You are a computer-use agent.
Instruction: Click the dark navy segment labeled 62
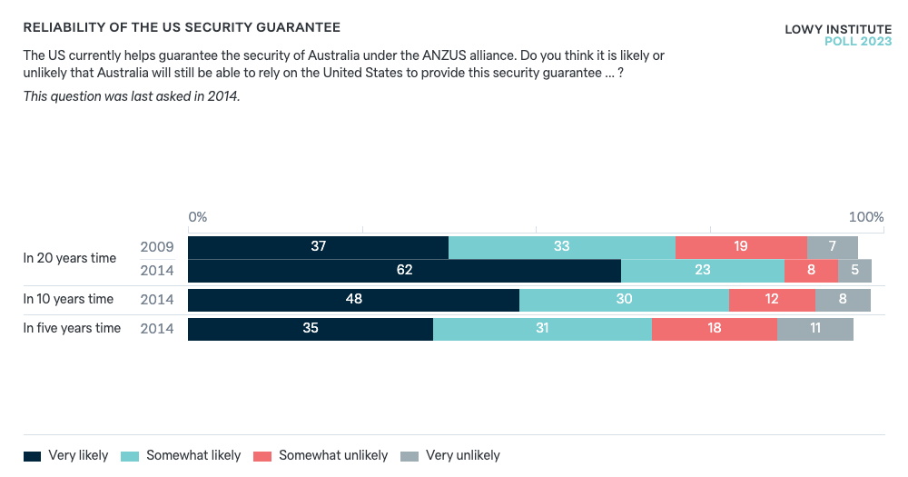tap(404, 271)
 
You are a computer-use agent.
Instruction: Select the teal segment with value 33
tap(561, 247)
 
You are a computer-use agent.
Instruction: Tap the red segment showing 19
tap(741, 247)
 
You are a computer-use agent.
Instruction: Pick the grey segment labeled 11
tap(814, 329)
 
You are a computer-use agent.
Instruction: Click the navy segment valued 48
tap(353, 300)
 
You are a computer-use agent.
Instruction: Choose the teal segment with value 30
tap(624, 300)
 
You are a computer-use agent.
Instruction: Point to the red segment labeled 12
tap(772, 300)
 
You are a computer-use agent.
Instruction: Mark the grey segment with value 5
tap(854, 271)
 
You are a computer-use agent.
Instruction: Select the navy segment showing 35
tap(311, 329)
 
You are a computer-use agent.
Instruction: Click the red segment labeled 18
tap(714, 329)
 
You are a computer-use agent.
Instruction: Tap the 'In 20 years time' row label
tap(70, 258)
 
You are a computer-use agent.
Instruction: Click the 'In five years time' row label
tap(72, 328)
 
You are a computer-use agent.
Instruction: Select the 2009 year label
tap(157, 246)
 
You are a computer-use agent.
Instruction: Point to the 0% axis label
tap(197, 217)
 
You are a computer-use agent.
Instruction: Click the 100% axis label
tap(865, 217)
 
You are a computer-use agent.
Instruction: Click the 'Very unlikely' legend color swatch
tap(410, 455)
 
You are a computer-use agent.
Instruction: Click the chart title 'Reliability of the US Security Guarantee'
tap(182, 28)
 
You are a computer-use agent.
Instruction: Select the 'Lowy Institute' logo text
tap(837, 30)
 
